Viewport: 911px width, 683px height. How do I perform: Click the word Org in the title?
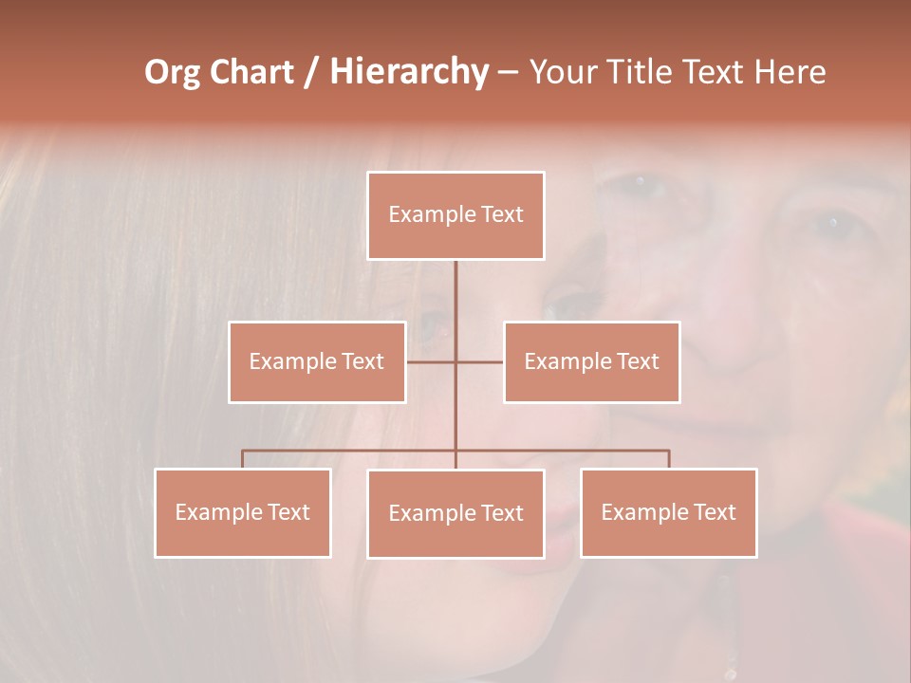(173, 72)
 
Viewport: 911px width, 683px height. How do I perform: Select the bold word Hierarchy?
(408, 72)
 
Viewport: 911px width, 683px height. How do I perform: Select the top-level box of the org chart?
(455, 215)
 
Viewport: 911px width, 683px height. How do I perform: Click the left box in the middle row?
(317, 361)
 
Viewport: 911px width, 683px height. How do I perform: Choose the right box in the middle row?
(591, 361)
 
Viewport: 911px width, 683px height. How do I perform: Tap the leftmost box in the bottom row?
(243, 512)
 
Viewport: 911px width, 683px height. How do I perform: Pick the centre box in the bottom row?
(455, 513)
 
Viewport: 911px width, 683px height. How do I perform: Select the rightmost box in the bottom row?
(668, 512)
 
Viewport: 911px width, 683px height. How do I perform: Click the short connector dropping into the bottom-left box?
(243, 459)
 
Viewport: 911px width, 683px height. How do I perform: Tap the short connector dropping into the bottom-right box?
(669, 459)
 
